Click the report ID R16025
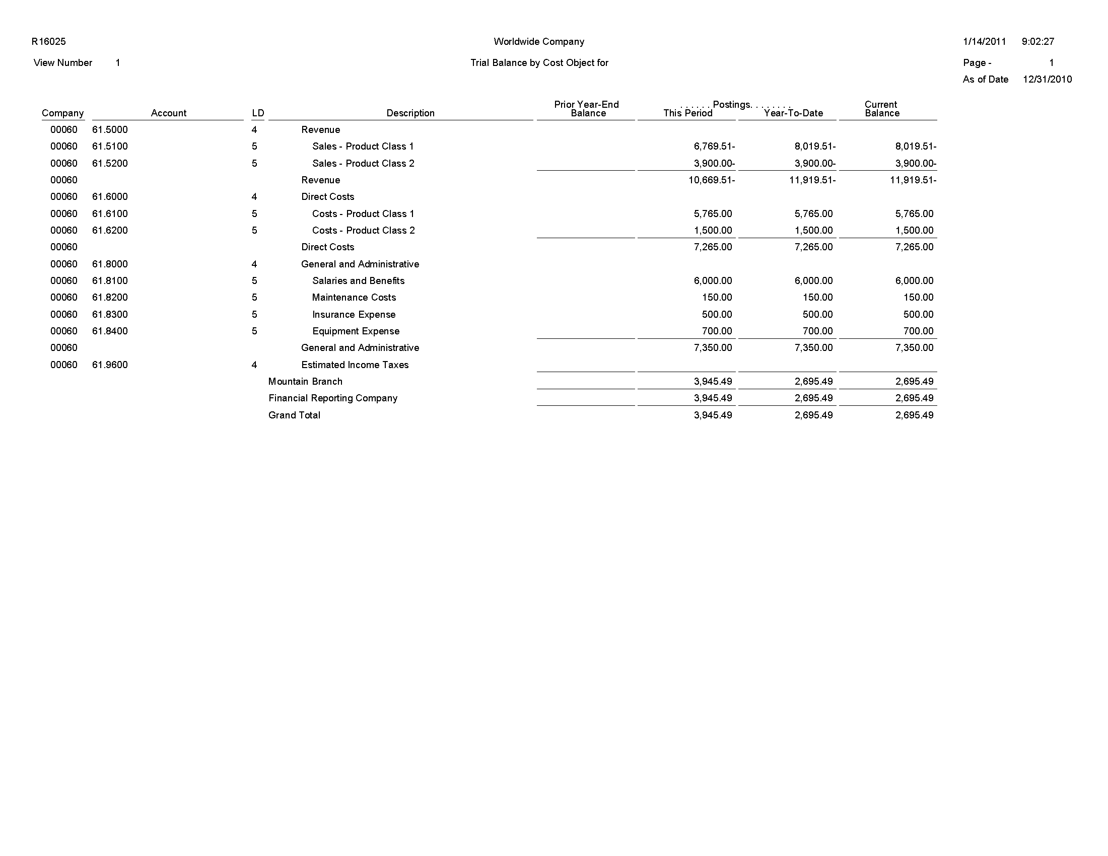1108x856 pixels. [x=49, y=42]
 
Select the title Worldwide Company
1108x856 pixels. [x=539, y=42]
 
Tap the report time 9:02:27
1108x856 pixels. [x=1038, y=42]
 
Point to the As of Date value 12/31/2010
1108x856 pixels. [x=1047, y=80]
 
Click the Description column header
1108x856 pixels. [x=410, y=113]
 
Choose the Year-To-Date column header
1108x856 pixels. [x=793, y=113]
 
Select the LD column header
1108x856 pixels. [x=258, y=113]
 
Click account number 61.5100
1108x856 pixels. [x=110, y=147]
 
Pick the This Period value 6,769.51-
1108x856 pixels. [x=714, y=147]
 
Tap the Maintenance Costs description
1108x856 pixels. [x=354, y=298]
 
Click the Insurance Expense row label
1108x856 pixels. [x=354, y=314]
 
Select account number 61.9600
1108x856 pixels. [x=110, y=365]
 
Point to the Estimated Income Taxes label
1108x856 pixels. [x=355, y=365]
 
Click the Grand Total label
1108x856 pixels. [x=294, y=415]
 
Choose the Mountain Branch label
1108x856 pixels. [x=305, y=382]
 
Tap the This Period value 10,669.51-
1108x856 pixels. [x=711, y=180]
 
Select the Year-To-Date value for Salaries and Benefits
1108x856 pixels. [x=813, y=281]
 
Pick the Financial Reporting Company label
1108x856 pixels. [x=333, y=399]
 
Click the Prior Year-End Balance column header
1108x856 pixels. [x=586, y=109]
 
